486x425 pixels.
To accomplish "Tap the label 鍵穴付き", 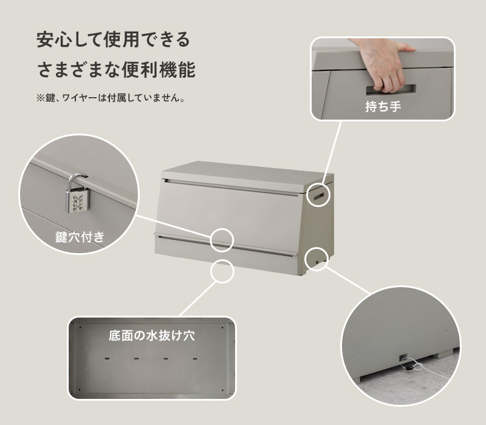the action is tap(80, 237).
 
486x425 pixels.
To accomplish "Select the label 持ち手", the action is tap(383, 107).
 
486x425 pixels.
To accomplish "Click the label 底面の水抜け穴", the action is tap(152, 336).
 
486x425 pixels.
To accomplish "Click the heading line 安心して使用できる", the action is tap(113, 39).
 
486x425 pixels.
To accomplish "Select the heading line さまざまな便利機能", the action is tap(116, 70).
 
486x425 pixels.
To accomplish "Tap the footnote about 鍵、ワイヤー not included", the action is tap(111, 98).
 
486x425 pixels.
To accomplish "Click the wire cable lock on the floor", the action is tap(412, 367).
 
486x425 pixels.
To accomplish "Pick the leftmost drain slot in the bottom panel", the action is tap(108, 359).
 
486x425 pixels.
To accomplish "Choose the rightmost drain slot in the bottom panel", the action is tap(195, 359).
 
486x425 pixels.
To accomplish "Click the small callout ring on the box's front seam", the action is tap(222, 240).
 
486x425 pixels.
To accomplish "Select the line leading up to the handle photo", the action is tap(332, 152).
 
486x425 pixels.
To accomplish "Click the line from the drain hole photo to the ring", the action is tap(198, 299).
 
